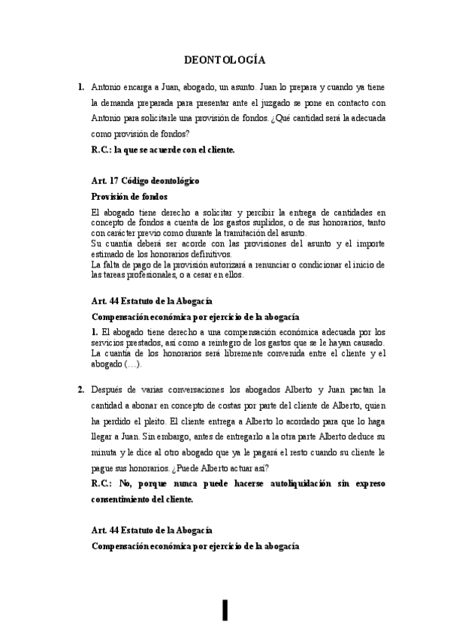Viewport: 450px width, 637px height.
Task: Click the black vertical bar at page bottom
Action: (225, 611)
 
